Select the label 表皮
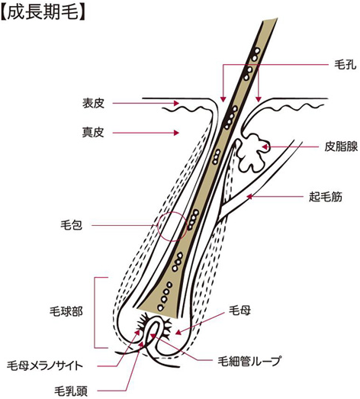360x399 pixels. click(x=93, y=103)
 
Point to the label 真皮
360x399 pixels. click(x=93, y=133)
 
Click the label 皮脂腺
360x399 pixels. click(x=341, y=146)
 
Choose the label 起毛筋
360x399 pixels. click(x=326, y=197)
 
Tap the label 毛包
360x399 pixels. click(x=71, y=225)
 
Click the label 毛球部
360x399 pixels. click(x=66, y=311)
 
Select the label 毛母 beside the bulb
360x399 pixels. click(x=240, y=311)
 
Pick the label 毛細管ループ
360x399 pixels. click(x=249, y=361)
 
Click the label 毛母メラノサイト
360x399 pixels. click(x=45, y=366)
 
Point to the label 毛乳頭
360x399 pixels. click(x=71, y=391)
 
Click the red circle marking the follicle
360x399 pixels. click(x=171, y=226)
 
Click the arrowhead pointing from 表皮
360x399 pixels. click(x=176, y=103)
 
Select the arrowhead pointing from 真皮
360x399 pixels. click(x=176, y=133)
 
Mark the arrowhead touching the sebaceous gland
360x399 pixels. click(x=265, y=146)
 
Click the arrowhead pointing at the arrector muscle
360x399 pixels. click(x=249, y=197)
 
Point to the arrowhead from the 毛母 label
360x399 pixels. click(x=178, y=333)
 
